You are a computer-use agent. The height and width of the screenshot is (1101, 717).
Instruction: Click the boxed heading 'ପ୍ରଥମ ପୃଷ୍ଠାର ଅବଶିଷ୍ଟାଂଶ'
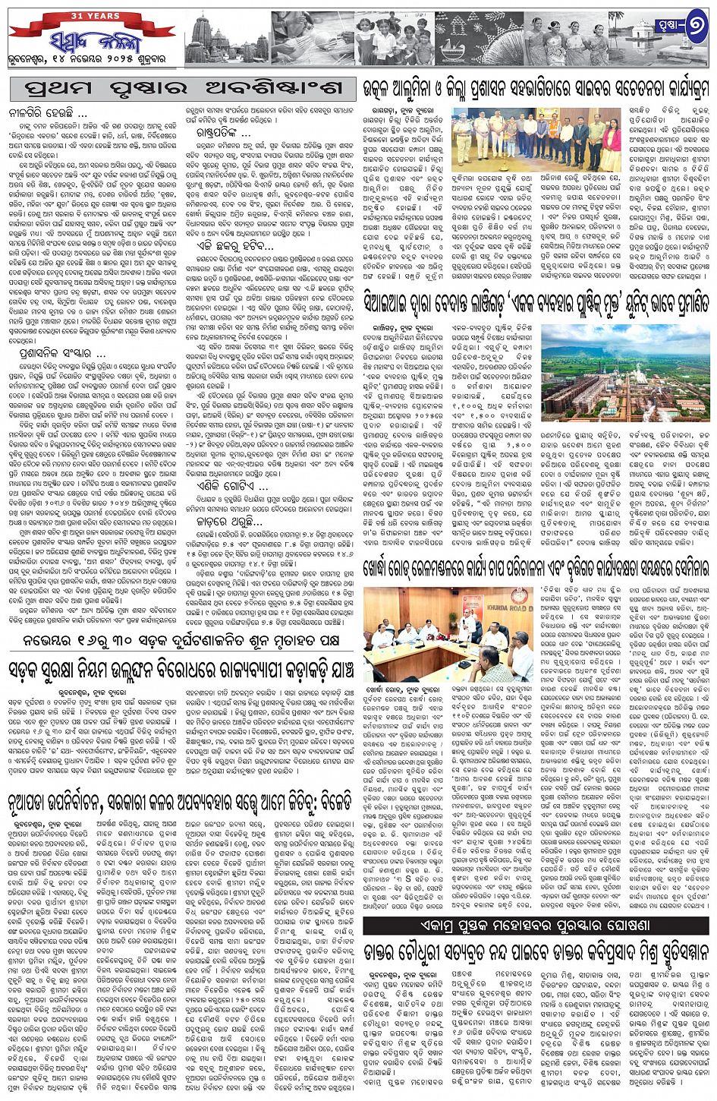182,89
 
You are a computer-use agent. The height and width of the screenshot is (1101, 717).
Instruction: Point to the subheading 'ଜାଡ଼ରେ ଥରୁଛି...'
222,543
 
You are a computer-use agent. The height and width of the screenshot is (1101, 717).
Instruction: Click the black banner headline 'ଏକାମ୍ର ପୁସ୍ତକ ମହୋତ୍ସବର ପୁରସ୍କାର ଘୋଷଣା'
536,926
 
